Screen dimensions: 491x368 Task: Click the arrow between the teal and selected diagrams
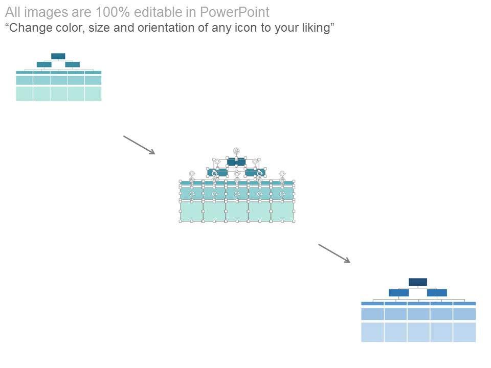(139, 144)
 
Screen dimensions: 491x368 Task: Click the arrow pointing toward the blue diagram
(334, 253)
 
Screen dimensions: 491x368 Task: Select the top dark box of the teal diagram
(58, 56)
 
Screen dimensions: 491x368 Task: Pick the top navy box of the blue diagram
(418, 282)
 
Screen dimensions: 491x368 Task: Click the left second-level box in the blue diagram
(398, 293)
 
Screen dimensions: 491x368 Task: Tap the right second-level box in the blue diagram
(437, 293)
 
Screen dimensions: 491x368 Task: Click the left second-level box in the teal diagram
(44, 64)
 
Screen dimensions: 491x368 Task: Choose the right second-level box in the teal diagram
(73, 64)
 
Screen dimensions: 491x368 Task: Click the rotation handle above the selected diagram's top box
(236, 151)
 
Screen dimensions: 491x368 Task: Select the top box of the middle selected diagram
(236, 162)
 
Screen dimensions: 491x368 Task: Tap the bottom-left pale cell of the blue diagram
(372, 332)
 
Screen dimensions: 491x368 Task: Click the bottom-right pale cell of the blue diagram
(464, 332)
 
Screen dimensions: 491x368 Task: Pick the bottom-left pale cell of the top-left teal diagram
(25, 94)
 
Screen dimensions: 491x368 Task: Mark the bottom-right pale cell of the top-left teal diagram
(93, 94)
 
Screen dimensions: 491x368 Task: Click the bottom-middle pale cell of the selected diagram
(237, 212)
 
